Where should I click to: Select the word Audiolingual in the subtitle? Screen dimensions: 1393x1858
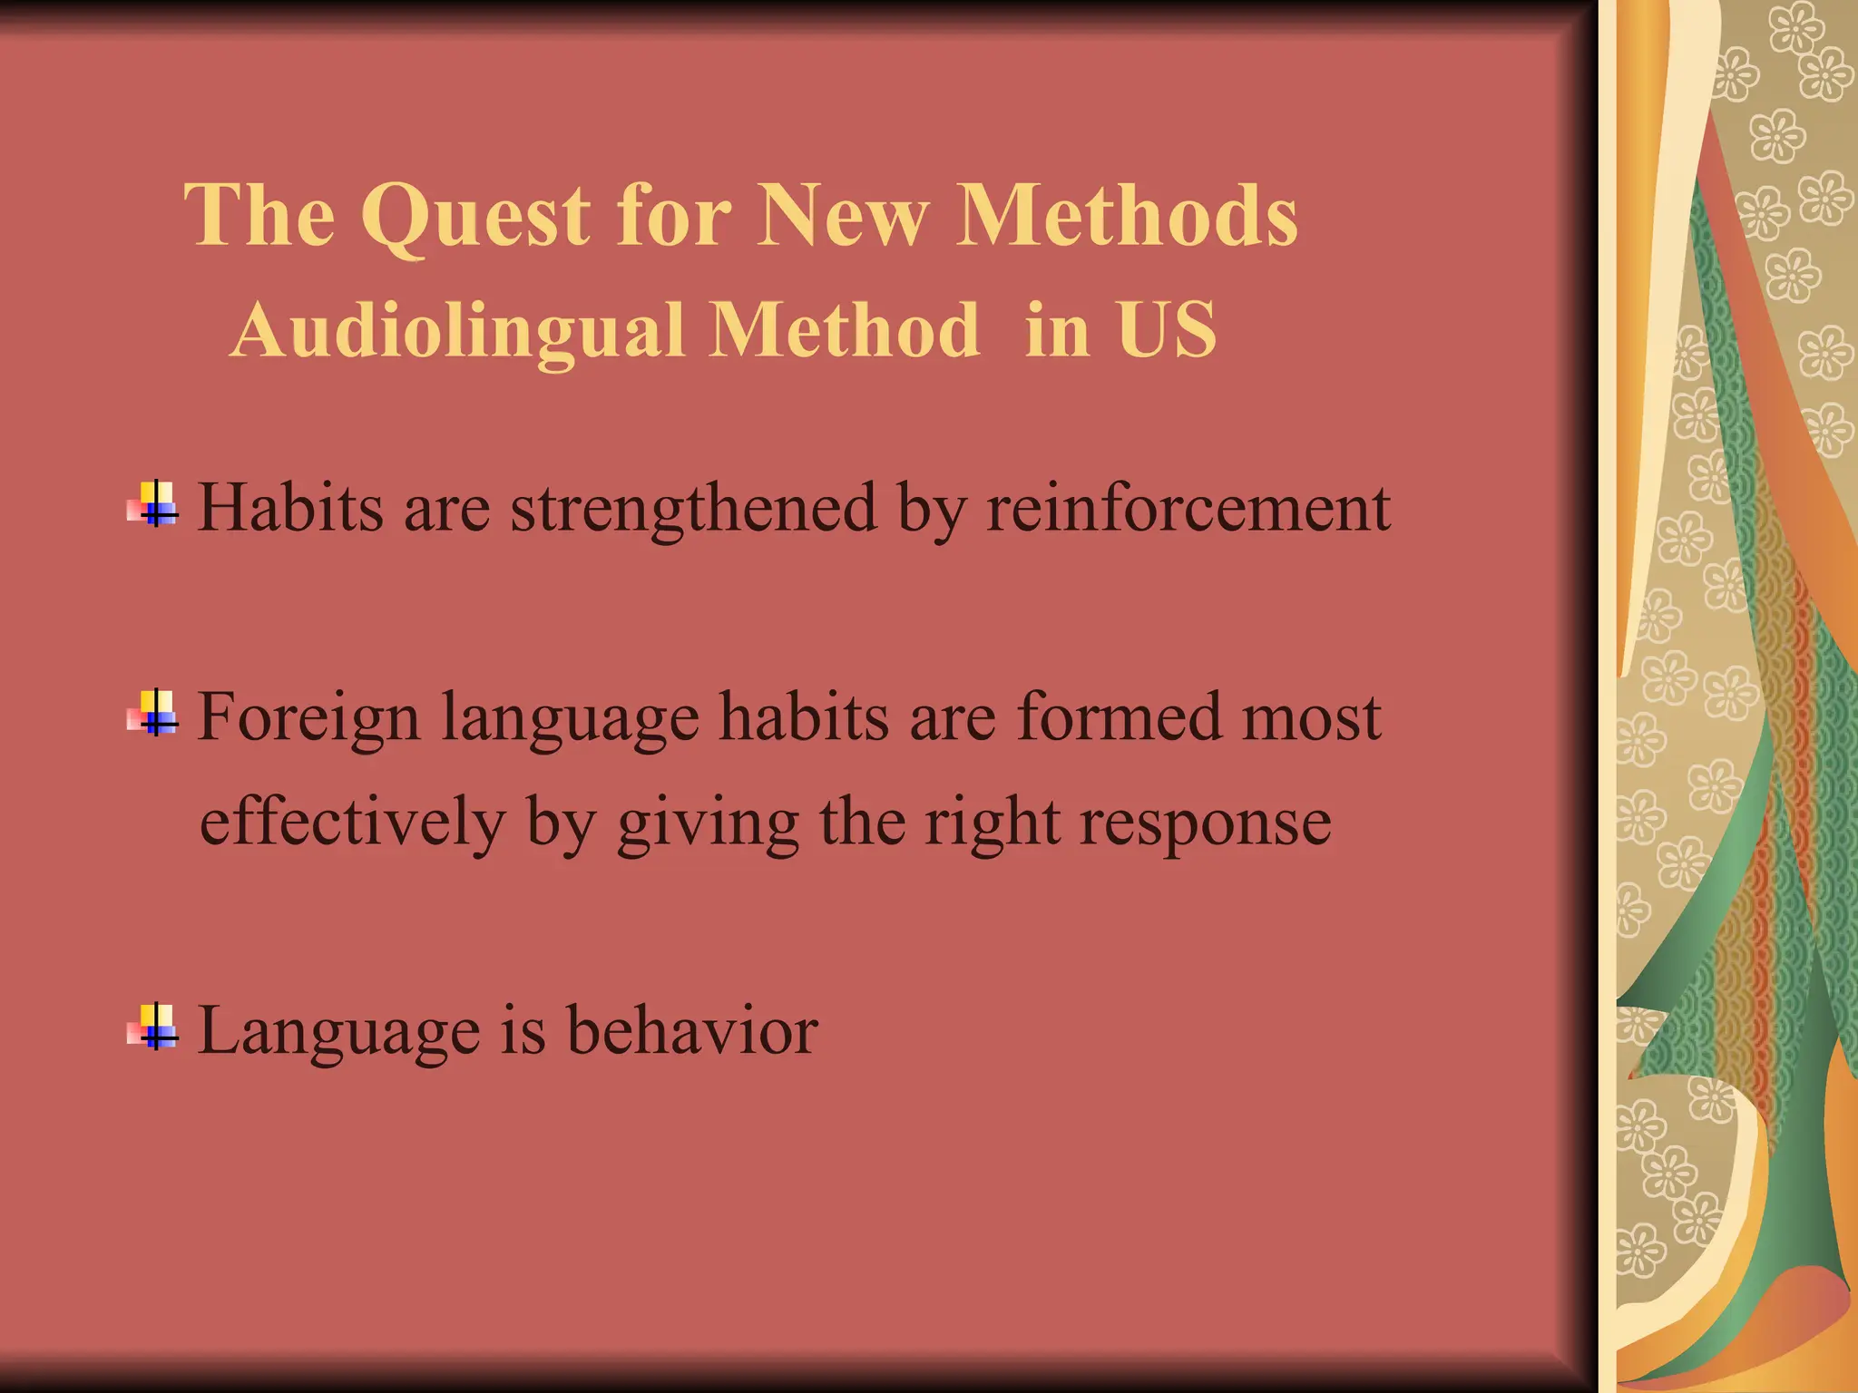tap(458, 330)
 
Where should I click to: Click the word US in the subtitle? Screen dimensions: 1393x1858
tap(1167, 330)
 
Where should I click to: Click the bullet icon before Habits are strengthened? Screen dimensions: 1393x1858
tap(155, 504)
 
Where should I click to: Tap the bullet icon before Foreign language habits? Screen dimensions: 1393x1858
tap(155, 714)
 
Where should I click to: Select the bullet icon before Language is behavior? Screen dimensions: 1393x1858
tap(155, 1028)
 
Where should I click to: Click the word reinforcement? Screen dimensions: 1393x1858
tap(1188, 508)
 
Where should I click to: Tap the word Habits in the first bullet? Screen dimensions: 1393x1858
tap(290, 508)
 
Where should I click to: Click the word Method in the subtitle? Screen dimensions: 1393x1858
tap(844, 330)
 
